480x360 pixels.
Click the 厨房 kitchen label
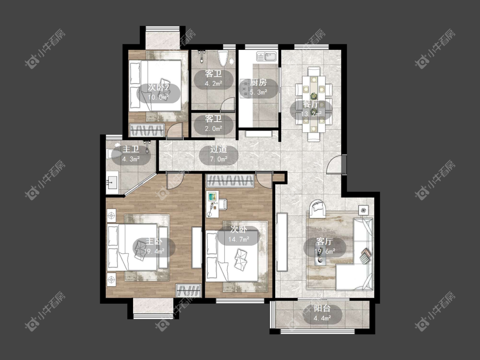[x=259, y=82]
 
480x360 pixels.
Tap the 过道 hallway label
[x=218, y=149]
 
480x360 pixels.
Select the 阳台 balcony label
[x=322, y=308]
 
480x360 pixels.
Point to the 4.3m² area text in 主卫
[x=131, y=159]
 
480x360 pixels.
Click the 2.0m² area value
[x=213, y=128]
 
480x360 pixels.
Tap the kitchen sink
[x=266, y=56]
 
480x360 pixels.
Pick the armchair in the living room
[x=318, y=209]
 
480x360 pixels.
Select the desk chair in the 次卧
[x=223, y=204]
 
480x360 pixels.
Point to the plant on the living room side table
[x=364, y=210]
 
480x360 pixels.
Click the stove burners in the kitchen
[x=244, y=88]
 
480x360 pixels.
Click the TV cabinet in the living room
[x=282, y=242]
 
